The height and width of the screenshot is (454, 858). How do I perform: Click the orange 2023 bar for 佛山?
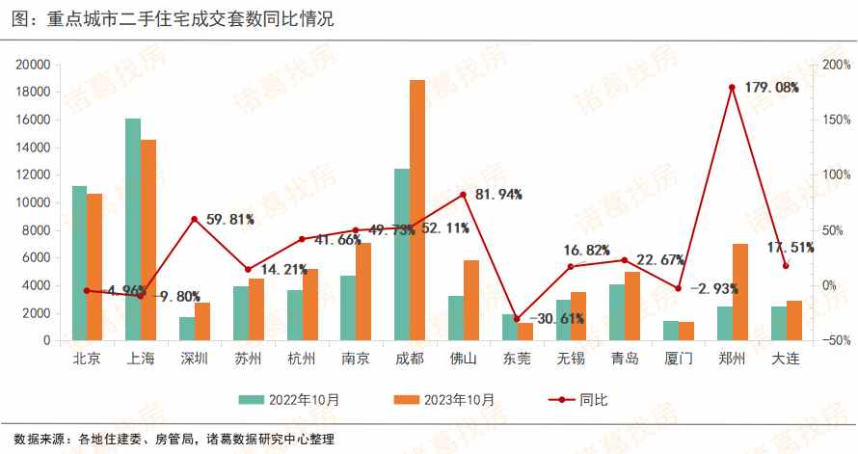click(x=471, y=300)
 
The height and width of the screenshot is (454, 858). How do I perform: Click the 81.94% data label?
click(x=498, y=195)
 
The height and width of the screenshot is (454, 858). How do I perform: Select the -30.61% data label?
click(x=556, y=319)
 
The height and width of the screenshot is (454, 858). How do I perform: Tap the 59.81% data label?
click(x=230, y=219)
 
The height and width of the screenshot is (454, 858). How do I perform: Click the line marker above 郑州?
click(x=733, y=88)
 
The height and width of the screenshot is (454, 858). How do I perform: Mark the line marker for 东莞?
click(x=517, y=319)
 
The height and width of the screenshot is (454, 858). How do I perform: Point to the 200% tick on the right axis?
click(x=835, y=65)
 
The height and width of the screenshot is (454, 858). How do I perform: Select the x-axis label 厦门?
click(x=679, y=359)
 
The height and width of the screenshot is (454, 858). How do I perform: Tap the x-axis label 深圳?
click(x=195, y=359)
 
